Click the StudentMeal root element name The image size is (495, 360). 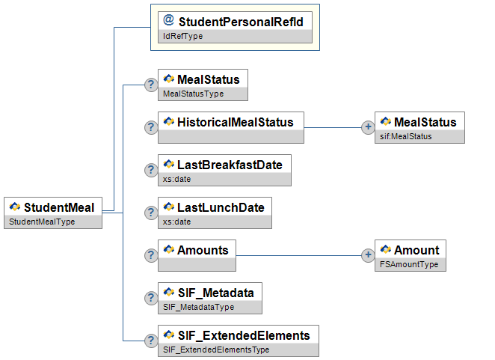pyautogui.click(x=59, y=207)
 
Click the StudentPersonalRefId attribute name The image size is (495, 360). pyautogui.click(x=240, y=22)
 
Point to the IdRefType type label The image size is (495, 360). pyautogui.click(x=183, y=36)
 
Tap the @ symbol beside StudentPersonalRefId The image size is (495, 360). pyautogui.click(x=168, y=21)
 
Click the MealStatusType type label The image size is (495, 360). pyautogui.click(x=193, y=94)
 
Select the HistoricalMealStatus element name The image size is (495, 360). pyautogui.click(x=235, y=122)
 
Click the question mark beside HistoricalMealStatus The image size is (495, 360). pyautogui.click(x=150, y=128)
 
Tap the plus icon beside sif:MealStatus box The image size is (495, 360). pyautogui.click(x=368, y=128)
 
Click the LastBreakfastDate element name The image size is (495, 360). pyautogui.click(x=229, y=165)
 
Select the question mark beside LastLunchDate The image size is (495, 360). pyautogui.click(x=150, y=213)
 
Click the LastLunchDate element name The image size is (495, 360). pyautogui.click(x=220, y=207)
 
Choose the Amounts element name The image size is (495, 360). pyautogui.click(x=202, y=250)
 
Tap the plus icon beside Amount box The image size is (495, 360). pyautogui.click(x=368, y=256)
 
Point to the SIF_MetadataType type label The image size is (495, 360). pyautogui.click(x=198, y=307)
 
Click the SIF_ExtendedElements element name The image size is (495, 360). pyautogui.click(x=243, y=334)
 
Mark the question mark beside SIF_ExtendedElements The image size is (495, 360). pyautogui.click(x=150, y=341)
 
